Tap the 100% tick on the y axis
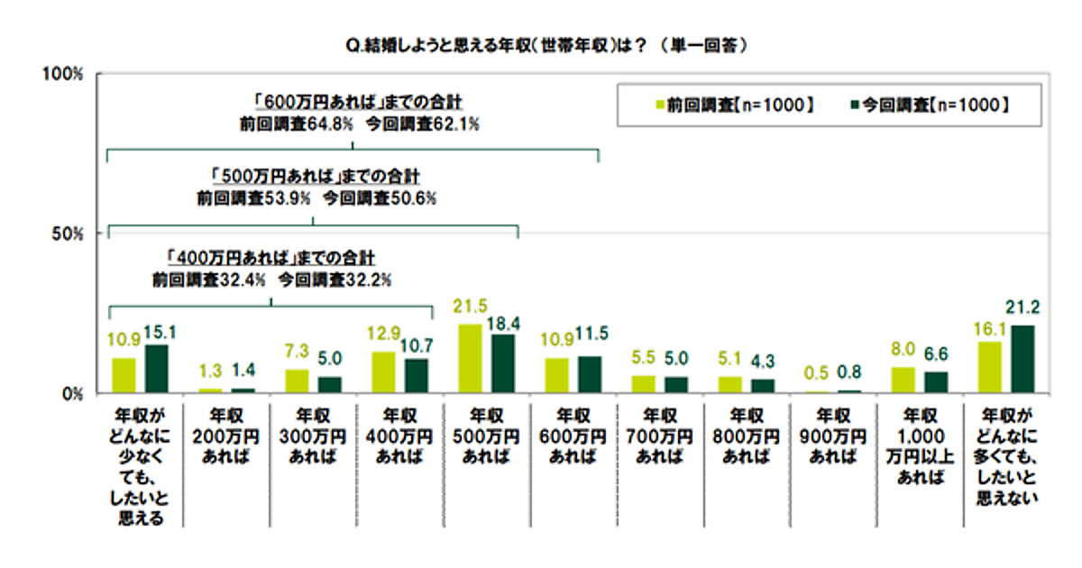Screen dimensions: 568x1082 [x=64, y=73]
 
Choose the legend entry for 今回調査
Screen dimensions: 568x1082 [x=929, y=105]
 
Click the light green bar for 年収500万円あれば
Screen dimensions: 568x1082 [x=470, y=359]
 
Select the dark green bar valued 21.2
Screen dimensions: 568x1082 [x=1023, y=360]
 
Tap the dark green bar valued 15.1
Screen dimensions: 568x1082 [x=157, y=370]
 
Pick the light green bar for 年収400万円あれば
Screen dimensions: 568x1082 [x=383, y=372]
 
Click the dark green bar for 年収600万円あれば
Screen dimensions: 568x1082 [x=591, y=375]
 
